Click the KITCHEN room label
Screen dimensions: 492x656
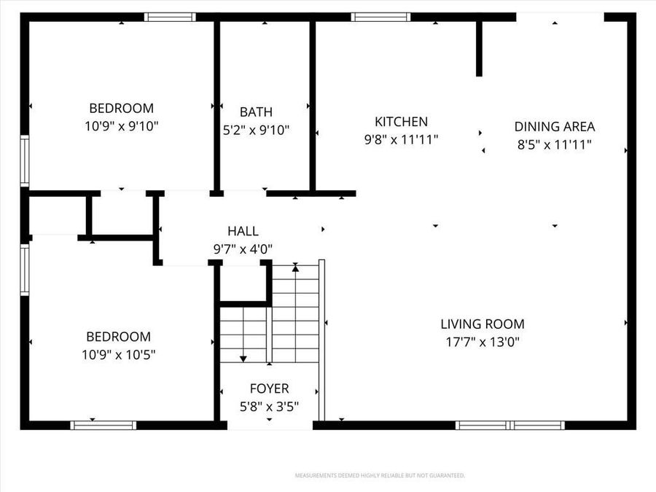[401, 122]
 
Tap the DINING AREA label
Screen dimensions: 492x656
[554, 126]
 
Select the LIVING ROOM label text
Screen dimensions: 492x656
[482, 324]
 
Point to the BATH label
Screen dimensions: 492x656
[256, 112]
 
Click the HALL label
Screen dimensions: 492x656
[243, 231]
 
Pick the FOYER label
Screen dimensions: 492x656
[269, 388]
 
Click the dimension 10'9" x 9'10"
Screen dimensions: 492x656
[121, 126]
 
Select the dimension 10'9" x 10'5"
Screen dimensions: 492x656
[118, 355]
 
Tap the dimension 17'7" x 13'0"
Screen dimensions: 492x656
[482, 341]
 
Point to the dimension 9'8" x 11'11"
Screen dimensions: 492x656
[401, 139]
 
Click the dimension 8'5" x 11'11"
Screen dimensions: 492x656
[554, 144]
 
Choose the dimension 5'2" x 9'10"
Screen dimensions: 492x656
[256, 130]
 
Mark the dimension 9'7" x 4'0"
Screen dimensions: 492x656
[243, 249]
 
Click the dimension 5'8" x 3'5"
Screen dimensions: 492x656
[269, 407]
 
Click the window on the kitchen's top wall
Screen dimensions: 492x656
[380, 17]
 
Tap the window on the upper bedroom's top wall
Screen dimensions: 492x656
[170, 17]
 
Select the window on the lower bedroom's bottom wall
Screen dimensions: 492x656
[104, 425]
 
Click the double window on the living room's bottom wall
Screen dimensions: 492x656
[509, 425]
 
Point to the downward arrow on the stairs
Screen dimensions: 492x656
[243, 358]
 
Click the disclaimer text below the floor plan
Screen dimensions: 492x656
[379, 476]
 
